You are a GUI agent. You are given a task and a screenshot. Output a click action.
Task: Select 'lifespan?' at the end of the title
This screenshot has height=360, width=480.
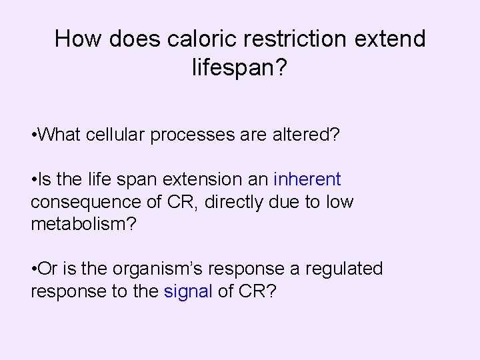[240, 69]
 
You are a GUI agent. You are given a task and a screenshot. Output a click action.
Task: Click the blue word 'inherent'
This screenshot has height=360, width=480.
[307, 179]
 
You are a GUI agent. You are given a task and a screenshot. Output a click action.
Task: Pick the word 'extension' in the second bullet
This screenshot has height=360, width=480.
[200, 179]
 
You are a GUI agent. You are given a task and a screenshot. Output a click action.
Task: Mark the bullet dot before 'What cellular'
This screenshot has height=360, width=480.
[34, 136]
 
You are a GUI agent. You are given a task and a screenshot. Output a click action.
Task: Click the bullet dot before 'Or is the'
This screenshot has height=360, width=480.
[34, 269]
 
